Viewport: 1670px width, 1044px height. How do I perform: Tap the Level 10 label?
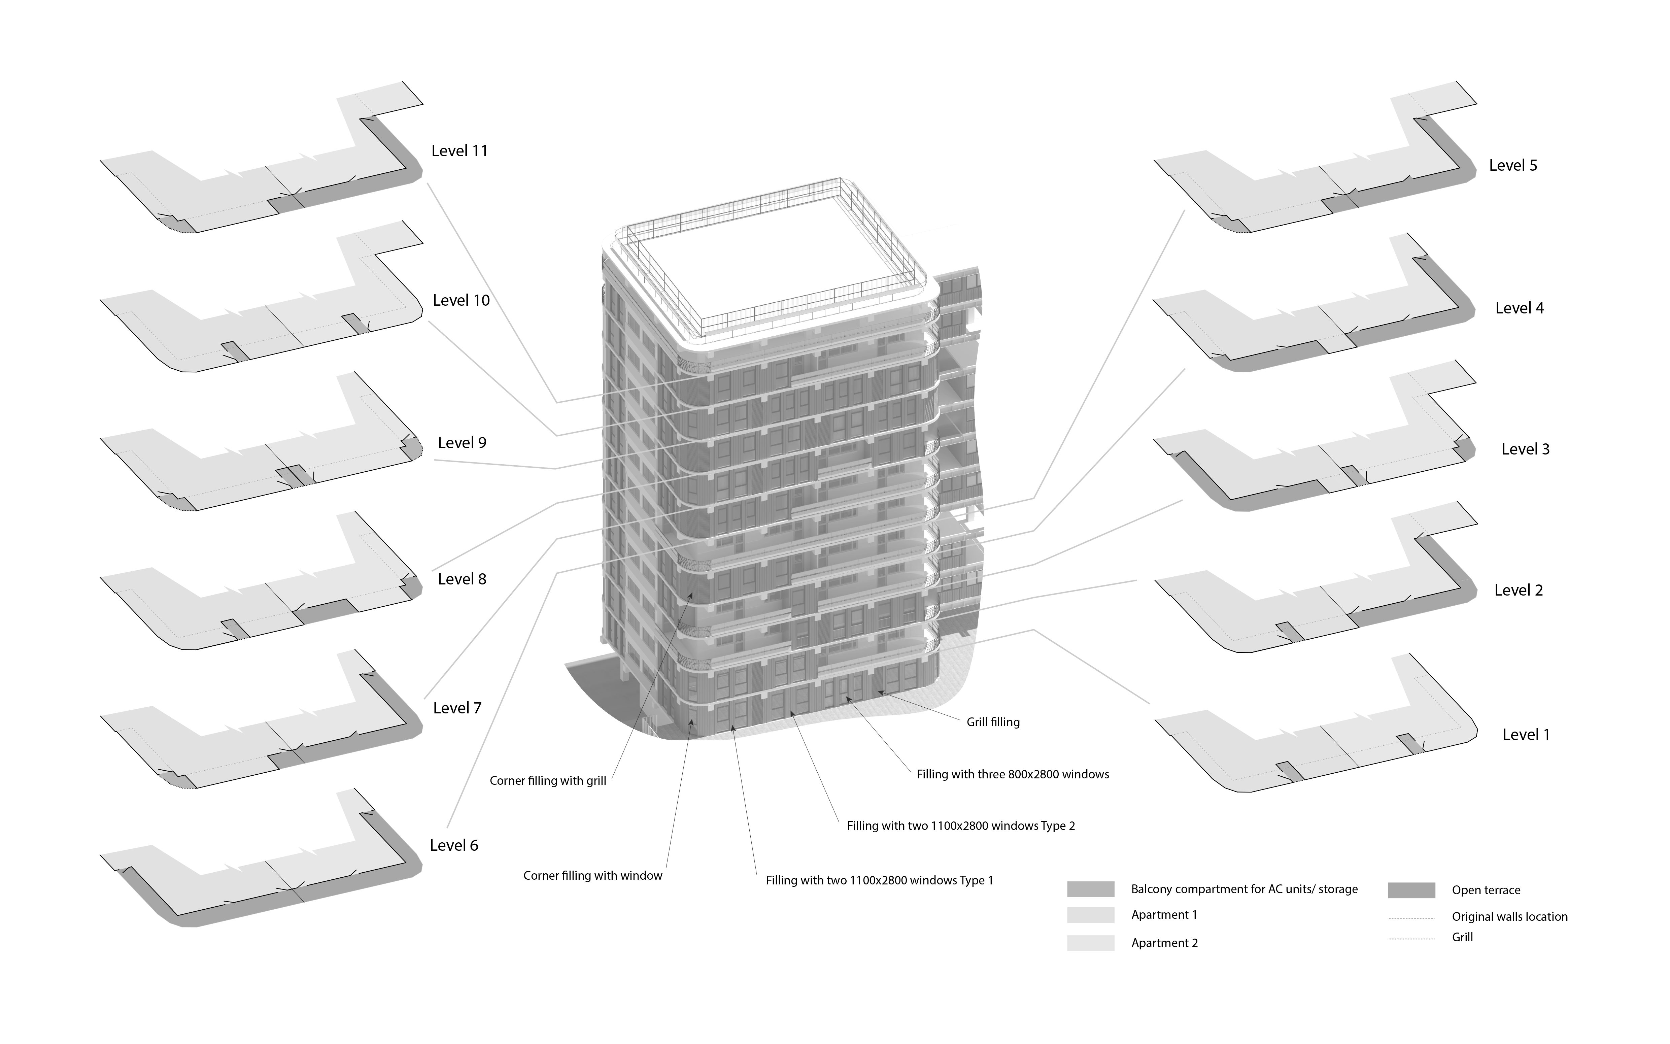point(461,300)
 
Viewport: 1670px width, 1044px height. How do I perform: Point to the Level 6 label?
point(453,845)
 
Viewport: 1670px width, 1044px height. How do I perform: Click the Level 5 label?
point(1512,166)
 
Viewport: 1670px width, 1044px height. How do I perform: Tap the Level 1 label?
point(1526,735)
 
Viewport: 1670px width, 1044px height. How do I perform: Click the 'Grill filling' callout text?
point(993,722)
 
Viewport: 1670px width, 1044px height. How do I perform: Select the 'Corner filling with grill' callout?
point(547,781)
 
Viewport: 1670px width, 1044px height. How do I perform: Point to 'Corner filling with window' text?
point(592,876)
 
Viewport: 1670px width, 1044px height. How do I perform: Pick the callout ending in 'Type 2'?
point(960,826)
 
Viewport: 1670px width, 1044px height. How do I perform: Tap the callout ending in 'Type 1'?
point(879,880)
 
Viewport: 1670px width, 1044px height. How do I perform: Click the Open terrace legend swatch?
point(1411,890)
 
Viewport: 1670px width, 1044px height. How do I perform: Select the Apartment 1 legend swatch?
point(1090,915)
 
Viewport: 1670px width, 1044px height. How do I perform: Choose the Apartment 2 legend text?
point(1164,943)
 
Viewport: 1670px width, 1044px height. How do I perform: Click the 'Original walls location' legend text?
point(1509,917)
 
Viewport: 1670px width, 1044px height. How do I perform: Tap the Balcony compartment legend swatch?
point(1090,889)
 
